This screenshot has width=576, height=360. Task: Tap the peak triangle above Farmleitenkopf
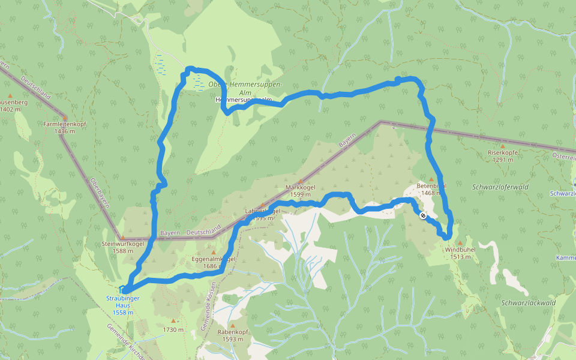(x=64, y=117)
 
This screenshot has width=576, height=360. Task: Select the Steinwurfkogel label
(x=122, y=244)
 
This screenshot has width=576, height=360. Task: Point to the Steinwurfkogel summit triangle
(x=122, y=238)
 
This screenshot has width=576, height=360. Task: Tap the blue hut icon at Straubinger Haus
(x=123, y=290)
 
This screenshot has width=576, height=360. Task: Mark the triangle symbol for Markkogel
(x=301, y=180)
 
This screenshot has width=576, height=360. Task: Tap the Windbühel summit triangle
(x=461, y=242)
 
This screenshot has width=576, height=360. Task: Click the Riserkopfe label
(x=502, y=152)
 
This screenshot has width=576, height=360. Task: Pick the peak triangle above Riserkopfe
(x=502, y=146)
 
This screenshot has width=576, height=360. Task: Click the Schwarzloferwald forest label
(x=500, y=187)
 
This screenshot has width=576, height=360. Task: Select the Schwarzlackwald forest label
(x=528, y=303)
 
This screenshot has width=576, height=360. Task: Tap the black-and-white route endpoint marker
(x=423, y=215)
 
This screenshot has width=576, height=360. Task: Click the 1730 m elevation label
(x=173, y=329)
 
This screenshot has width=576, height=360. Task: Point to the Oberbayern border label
(x=100, y=192)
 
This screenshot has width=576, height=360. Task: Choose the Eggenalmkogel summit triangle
(x=212, y=252)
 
